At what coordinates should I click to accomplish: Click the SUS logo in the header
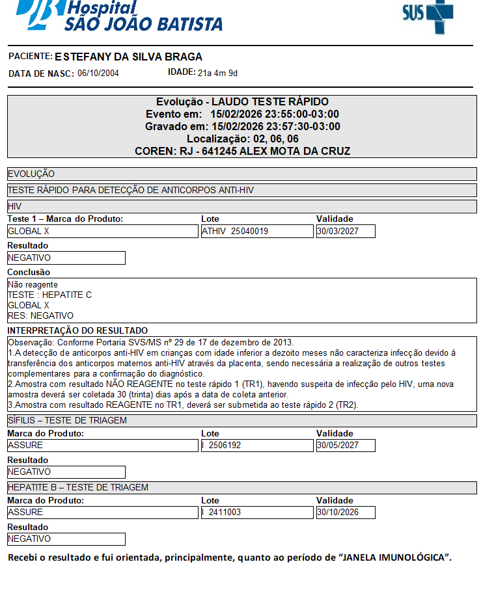[428, 14]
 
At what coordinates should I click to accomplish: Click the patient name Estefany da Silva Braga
[128, 57]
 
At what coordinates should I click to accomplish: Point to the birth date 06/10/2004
[98, 73]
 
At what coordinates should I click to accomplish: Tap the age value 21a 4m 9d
[217, 73]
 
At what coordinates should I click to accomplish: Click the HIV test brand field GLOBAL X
[102, 231]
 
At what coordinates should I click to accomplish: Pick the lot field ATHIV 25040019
[257, 231]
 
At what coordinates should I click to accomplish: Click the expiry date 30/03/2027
[346, 231]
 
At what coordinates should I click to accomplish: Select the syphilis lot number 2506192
[225, 446]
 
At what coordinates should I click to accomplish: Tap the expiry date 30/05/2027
[346, 446]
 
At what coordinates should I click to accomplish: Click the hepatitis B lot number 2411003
[225, 513]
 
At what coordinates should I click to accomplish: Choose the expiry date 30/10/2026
[346, 513]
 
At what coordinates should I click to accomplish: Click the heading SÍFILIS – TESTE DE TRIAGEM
[67, 421]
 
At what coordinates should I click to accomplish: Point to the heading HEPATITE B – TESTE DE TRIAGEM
[78, 488]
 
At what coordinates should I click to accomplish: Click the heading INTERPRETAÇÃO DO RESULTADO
[77, 330]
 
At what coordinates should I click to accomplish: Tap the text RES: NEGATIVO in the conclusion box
[40, 315]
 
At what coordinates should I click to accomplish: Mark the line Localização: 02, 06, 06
[242, 139]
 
